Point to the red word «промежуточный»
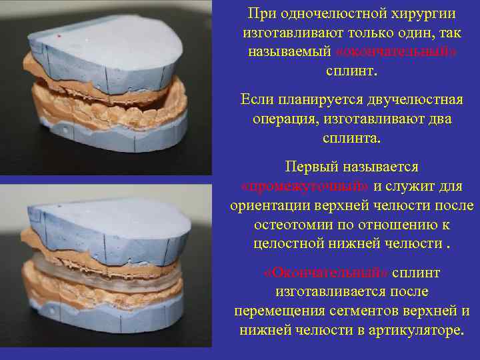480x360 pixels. tap(305, 185)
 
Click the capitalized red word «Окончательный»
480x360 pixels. tap(326, 273)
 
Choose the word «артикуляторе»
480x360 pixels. tap(417, 331)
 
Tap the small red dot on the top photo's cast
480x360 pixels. tap(60, 35)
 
